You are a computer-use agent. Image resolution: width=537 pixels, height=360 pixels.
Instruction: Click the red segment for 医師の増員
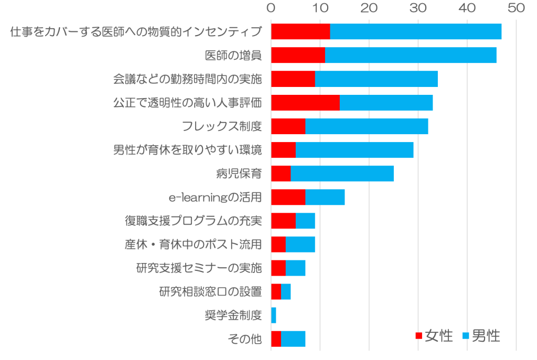pyautogui.click(x=298, y=55)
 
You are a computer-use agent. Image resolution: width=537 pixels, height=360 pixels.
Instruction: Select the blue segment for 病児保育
pyautogui.click(x=342, y=173)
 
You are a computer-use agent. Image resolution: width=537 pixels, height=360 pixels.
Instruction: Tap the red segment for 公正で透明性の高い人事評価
pyautogui.click(x=305, y=102)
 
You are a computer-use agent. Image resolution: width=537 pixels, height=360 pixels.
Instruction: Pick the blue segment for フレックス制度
pyautogui.click(x=367, y=126)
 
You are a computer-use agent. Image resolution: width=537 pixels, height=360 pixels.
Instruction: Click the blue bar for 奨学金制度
pyautogui.click(x=274, y=315)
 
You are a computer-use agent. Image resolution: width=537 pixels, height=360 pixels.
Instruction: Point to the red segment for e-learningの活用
pyautogui.click(x=288, y=197)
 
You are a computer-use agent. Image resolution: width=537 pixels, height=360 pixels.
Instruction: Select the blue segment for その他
pyautogui.click(x=293, y=339)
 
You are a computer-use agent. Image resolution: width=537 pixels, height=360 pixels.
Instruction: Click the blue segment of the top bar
pyautogui.click(x=415, y=31)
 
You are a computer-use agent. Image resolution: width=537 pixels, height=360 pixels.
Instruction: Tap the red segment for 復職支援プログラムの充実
pyautogui.click(x=283, y=221)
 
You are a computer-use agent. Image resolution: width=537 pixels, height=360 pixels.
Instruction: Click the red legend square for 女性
pyautogui.click(x=418, y=336)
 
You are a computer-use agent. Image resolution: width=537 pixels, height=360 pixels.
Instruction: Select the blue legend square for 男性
pyautogui.click(x=465, y=336)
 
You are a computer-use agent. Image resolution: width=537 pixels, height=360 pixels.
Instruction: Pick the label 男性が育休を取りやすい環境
pyautogui.click(x=187, y=150)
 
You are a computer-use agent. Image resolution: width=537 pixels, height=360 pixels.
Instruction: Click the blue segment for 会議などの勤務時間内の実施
pyautogui.click(x=376, y=79)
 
